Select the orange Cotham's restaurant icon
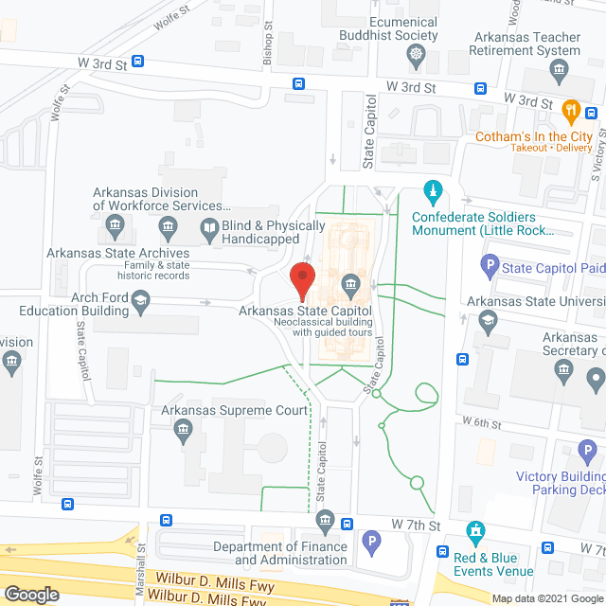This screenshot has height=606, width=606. pyautogui.click(x=571, y=111)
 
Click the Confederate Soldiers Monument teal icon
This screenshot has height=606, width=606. pyautogui.click(x=433, y=192)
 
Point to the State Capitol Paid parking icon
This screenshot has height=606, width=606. pyautogui.click(x=490, y=264)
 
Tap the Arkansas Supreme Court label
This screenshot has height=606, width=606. pyautogui.click(x=235, y=410)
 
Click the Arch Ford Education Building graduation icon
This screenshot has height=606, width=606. pyautogui.click(x=141, y=300)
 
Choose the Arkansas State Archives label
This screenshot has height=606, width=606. pyautogui.click(x=119, y=253)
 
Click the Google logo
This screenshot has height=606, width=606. pyautogui.click(x=30, y=594)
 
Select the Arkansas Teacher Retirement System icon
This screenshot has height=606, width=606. pyautogui.click(x=558, y=70)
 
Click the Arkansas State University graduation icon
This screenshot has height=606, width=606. pyautogui.click(x=486, y=319)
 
